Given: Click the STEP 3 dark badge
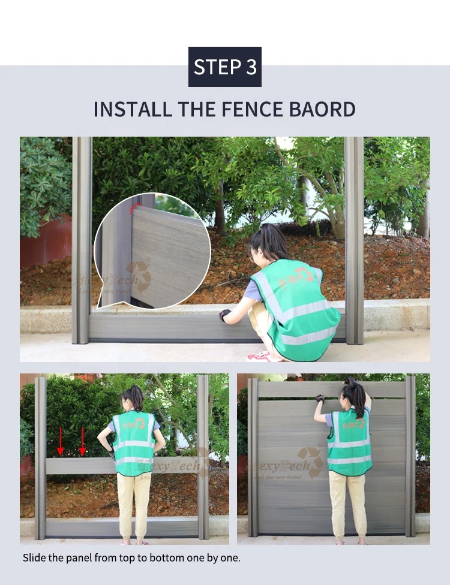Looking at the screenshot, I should click(225, 67).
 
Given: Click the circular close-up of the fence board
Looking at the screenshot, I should click(152, 251).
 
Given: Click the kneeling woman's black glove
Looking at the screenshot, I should click(225, 315).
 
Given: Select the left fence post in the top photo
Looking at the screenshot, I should click(82, 240).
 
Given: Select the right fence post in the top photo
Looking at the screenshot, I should click(355, 240).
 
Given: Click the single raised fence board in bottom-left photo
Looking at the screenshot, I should click(78, 466).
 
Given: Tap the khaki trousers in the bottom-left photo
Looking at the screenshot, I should click(135, 503).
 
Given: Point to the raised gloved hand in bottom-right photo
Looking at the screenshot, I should click(320, 399).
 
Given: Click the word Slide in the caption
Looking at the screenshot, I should click(34, 558).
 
